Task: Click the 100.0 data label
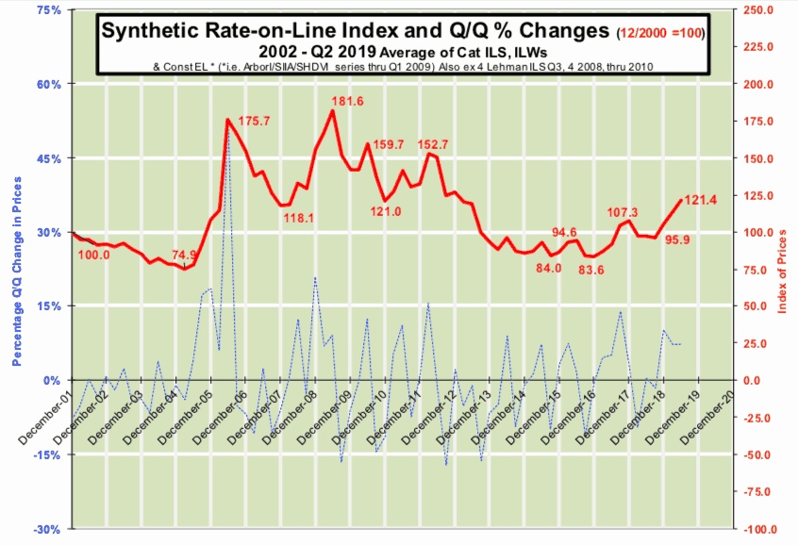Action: click(x=93, y=255)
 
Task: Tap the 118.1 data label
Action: click(x=298, y=218)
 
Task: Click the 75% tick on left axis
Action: click(x=46, y=10)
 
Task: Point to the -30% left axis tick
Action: click(x=45, y=529)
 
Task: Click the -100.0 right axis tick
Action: click(x=760, y=529)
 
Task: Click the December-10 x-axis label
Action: click(x=363, y=415)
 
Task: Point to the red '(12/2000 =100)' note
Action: click(x=661, y=33)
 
